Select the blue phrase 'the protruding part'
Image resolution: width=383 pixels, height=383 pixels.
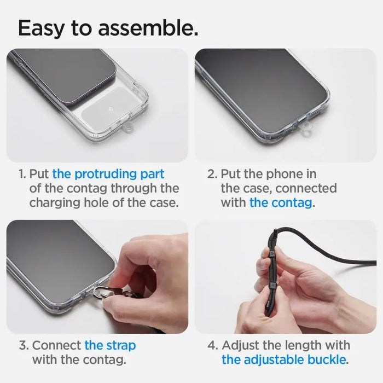pyautogui.click(x=108, y=174)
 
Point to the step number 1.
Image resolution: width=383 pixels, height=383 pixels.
pyautogui.click(x=22, y=174)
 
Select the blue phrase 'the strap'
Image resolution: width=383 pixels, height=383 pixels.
pyautogui.click(x=110, y=346)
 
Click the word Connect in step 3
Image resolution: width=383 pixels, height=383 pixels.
pyautogui.click(x=57, y=346)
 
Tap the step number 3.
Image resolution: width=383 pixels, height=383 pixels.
pyautogui.click(x=23, y=346)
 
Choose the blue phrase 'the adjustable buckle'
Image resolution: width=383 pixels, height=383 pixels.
pyautogui.click(x=283, y=360)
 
